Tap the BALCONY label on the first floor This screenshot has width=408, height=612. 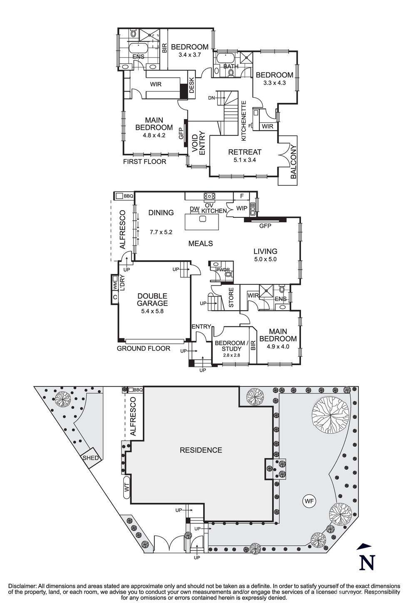click(294, 162)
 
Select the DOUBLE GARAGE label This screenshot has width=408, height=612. click(152, 300)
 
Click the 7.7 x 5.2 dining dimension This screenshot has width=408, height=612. click(161, 232)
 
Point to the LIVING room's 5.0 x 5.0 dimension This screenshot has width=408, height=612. click(265, 259)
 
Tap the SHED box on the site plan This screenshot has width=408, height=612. click(91, 458)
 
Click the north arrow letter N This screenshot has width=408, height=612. click(367, 562)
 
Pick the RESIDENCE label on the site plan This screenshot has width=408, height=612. click(201, 450)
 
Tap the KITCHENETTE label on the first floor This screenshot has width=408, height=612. click(244, 120)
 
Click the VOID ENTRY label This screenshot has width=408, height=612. click(198, 144)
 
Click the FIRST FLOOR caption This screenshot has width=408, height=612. click(144, 162)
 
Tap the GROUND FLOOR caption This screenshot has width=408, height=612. click(143, 348)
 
